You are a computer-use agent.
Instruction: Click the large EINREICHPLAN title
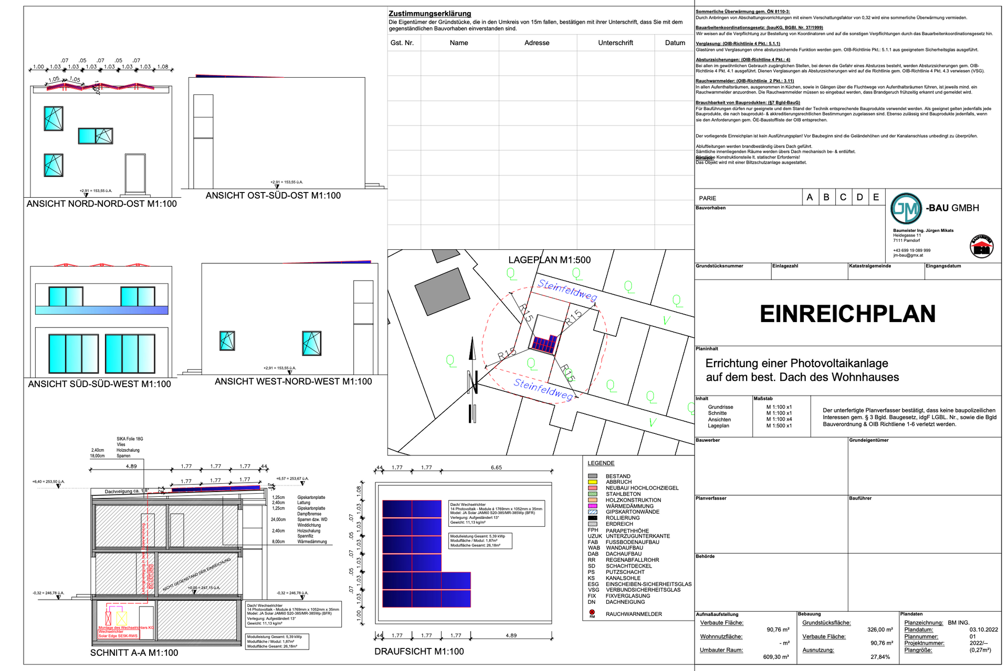click(847, 314)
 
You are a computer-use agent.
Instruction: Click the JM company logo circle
click(906, 208)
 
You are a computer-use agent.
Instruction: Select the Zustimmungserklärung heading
click(429, 14)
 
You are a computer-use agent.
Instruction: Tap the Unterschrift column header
click(615, 43)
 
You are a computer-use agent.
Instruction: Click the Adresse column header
click(537, 43)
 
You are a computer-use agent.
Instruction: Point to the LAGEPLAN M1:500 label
click(549, 260)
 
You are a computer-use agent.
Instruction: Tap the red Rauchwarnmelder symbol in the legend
click(592, 612)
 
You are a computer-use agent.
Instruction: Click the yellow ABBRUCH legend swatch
click(593, 482)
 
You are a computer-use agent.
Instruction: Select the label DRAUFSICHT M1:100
click(419, 652)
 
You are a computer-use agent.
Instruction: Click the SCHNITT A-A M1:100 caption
click(134, 653)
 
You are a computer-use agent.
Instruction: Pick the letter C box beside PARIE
click(843, 197)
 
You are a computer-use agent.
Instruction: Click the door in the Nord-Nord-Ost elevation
click(135, 174)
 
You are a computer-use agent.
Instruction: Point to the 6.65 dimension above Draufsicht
click(496, 467)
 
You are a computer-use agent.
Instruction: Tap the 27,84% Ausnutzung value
click(880, 657)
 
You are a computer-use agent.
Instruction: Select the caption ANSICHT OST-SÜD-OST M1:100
click(273, 196)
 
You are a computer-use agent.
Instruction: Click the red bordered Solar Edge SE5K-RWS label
click(118, 636)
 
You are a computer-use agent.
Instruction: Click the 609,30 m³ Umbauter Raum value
click(775, 657)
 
